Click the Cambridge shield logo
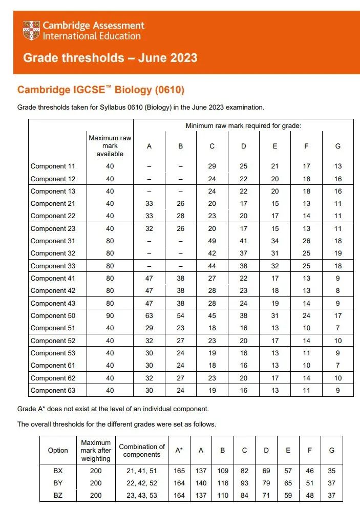click(x=31, y=31)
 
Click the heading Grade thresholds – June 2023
click(x=110, y=57)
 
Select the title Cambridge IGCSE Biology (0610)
click(x=101, y=90)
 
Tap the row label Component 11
click(x=53, y=166)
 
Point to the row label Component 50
click(x=53, y=316)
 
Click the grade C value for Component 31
click(x=212, y=241)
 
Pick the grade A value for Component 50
click(x=149, y=316)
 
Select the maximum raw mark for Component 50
click(x=110, y=316)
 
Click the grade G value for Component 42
click(x=337, y=291)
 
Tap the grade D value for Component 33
click(x=243, y=266)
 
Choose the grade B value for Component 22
click(x=180, y=216)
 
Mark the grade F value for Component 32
click(x=306, y=253)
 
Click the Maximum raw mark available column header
click(x=110, y=146)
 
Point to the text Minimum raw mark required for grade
click(x=243, y=126)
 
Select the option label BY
click(x=58, y=483)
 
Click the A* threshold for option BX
click(x=179, y=470)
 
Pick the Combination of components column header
click(x=142, y=450)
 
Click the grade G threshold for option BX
click(x=332, y=470)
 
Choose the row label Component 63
click(x=53, y=391)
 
